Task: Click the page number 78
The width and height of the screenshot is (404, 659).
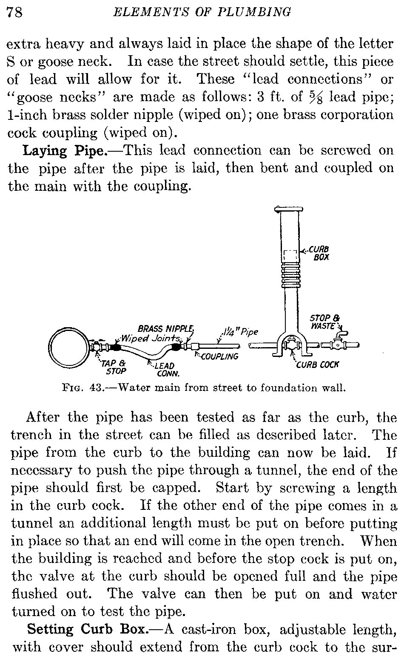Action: point(15,12)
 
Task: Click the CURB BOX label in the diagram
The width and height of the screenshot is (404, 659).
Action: point(319,253)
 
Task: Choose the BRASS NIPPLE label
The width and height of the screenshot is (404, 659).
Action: point(166,328)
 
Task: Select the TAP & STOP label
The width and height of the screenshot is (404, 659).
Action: point(114,367)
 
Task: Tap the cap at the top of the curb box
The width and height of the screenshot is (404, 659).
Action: point(289,209)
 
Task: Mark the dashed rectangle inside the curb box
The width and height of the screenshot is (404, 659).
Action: point(290,257)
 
